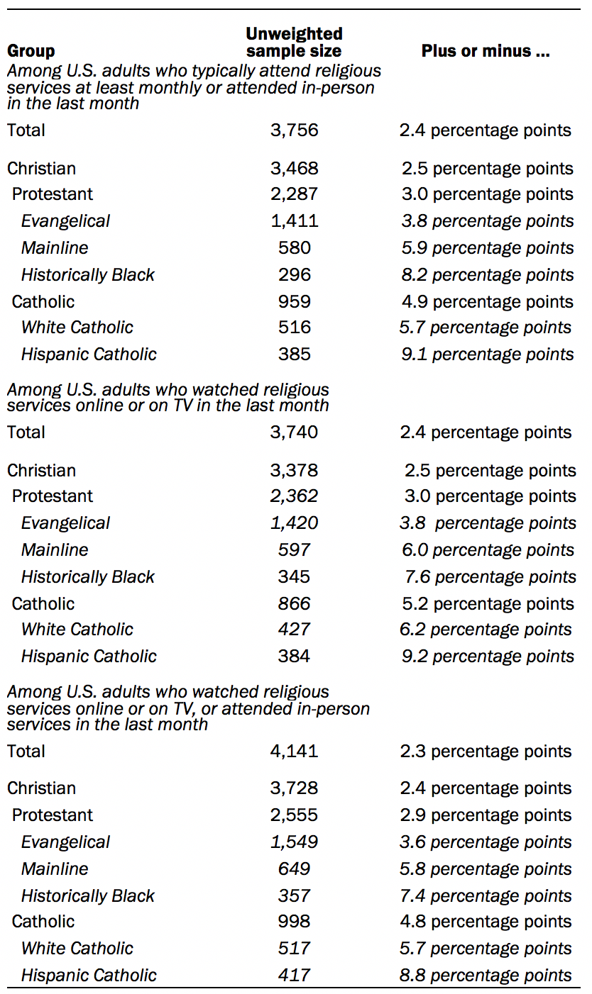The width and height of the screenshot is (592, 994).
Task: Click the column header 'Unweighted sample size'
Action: pyautogui.click(x=294, y=42)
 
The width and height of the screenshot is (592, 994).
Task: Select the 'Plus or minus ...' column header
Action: pyautogui.click(x=486, y=50)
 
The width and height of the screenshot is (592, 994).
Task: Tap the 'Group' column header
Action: pyautogui.click(x=31, y=51)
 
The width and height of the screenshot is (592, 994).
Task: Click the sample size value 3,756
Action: pyautogui.click(x=294, y=130)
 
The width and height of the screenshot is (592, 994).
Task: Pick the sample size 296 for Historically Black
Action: pyautogui.click(x=294, y=274)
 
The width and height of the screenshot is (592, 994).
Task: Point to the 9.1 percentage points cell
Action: pyautogui.click(x=488, y=354)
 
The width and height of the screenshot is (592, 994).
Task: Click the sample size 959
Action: pyautogui.click(x=294, y=302)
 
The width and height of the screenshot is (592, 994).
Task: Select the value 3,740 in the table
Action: pyautogui.click(x=294, y=432)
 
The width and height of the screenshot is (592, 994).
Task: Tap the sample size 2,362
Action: pyautogui.click(x=294, y=496)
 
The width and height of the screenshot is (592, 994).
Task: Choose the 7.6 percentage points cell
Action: pyautogui.click(x=490, y=577)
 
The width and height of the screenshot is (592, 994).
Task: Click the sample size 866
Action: pyautogui.click(x=294, y=604)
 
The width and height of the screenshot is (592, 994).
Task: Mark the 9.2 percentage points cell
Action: pyautogui.click(x=488, y=657)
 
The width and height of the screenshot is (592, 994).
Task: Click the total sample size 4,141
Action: pyautogui.click(x=294, y=752)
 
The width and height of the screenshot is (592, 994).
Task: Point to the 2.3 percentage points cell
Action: pyautogui.click(x=486, y=752)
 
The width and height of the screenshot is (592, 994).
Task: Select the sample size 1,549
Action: pyautogui.click(x=294, y=842)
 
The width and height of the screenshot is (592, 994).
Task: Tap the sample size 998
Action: pyautogui.click(x=294, y=921)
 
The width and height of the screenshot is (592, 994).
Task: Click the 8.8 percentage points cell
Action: pyautogui.click(x=486, y=976)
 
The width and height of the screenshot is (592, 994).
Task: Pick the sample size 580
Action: pyautogui.click(x=294, y=247)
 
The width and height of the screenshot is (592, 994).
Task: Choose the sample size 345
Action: pyautogui.click(x=294, y=577)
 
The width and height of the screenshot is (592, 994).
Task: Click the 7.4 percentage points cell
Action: pyautogui.click(x=486, y=896)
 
